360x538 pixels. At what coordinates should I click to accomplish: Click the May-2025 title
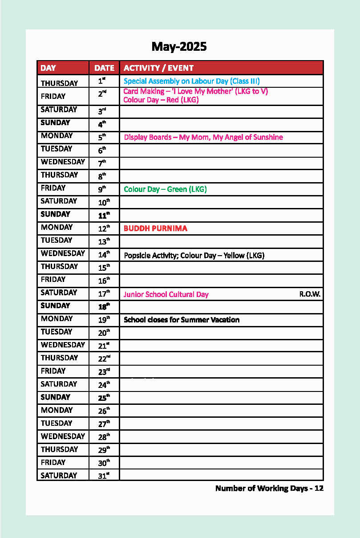pyautogui.click(x=179, y=46)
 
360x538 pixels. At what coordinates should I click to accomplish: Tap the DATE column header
pyautogui.click(x=104, y=68)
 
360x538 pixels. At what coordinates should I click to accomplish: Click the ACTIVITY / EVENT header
pyautogui.click(x=158, y=68)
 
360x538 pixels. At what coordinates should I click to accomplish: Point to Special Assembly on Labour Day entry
pyautogui.click(x=191, y=81)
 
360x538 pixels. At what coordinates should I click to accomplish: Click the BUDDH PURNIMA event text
pyautogui.click(x=155, y=228)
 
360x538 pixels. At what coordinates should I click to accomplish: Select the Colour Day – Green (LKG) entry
pyautogui.click(x=165, y=189)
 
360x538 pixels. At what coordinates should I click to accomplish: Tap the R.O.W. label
pyautogui.click(x=310, y=294)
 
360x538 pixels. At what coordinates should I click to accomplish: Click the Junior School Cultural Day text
pyautogui.click(x=166, y=294)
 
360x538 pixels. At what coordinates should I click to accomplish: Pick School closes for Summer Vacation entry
pyautogui.click(x=182, y=320)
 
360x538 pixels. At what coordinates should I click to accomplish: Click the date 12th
pyautogui.click(x=104, y=228)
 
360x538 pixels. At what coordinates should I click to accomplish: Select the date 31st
pyautogui.click(x=104, y=476)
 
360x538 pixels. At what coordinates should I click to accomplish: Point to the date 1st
pyautogui.click(x=102, y=82)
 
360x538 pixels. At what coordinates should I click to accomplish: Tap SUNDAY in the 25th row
pyautogui.click(x=56, y=397)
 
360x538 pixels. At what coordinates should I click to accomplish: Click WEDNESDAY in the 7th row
pyautogui.click(x=63, y=162)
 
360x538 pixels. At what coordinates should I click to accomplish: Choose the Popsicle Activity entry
pyautogui.click(x=194, y=256)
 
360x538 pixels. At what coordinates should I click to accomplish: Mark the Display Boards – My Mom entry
pyautogui.click(x=203, y=137)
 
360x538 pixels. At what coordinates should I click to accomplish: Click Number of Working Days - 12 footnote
pyautogui.click(x=269, y=489)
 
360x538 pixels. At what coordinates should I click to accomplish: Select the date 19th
pyautogui.click(x=104, y=320)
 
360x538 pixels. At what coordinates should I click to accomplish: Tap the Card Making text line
pyautogui.click(x=195, y=91)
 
